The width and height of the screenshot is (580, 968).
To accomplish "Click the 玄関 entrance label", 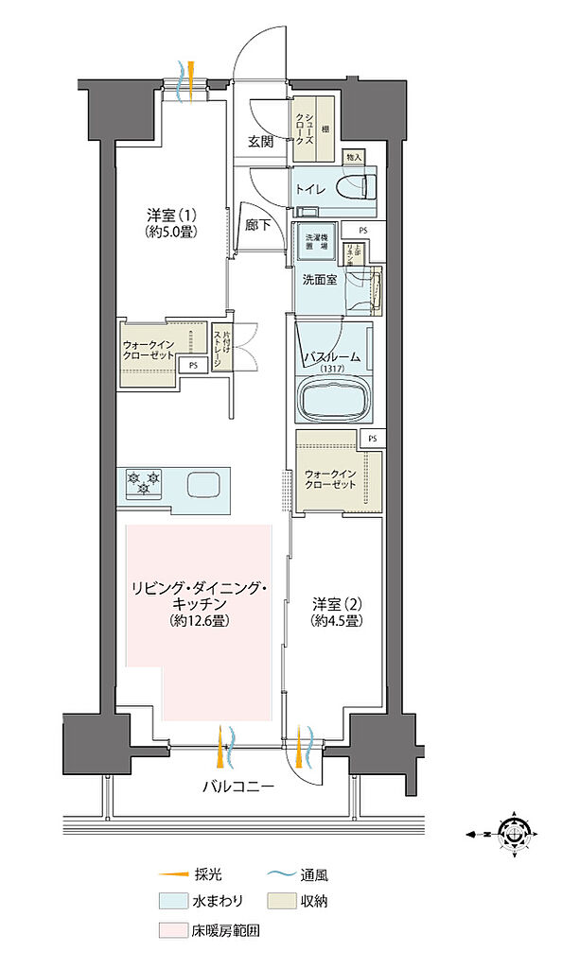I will [x=261, y=142].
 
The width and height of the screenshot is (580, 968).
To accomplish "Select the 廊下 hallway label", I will [x=257, y=227].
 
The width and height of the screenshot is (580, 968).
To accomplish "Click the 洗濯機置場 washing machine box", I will [x=314, y=242].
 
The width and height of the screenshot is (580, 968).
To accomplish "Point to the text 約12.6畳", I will [x=198, y=620].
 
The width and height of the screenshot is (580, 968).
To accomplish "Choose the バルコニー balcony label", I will [x=237, y=786].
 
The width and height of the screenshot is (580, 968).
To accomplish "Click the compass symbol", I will [x=515, y=834].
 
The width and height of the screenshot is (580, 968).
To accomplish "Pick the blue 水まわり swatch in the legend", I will [x=171, y=903].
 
